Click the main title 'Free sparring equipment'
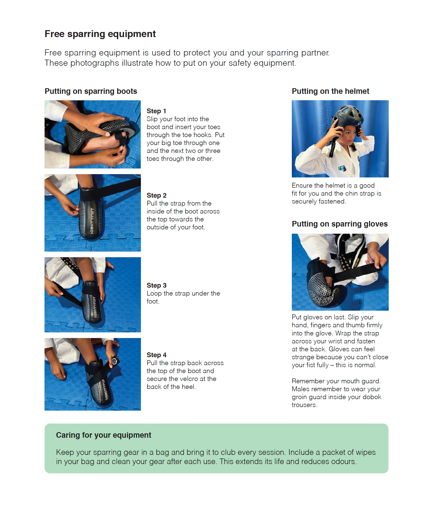(x=100, y=34)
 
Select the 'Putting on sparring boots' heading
(x=91, y=91)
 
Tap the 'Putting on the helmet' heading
(x=330, y=91)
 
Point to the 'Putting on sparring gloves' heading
(x=340, y=224)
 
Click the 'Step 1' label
(x=156, y=111)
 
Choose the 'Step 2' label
(x=157, y=196)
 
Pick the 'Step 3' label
(x=157, y=286)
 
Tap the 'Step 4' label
(x=157, y=355)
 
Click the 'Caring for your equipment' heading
(x=104, y=435)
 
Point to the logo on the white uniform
(x=342, y=168)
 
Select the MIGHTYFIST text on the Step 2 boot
(x=92, y=221)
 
